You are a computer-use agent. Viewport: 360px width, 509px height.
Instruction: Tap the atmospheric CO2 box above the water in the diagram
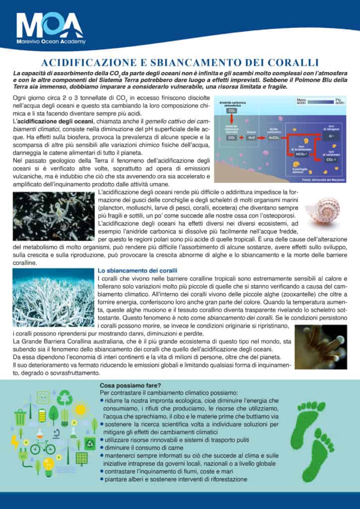click(x=232, y=111)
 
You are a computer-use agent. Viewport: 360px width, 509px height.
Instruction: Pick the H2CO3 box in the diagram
click(x=274, y=137)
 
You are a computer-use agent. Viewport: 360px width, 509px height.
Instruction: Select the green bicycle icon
click(x=42, y=447)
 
